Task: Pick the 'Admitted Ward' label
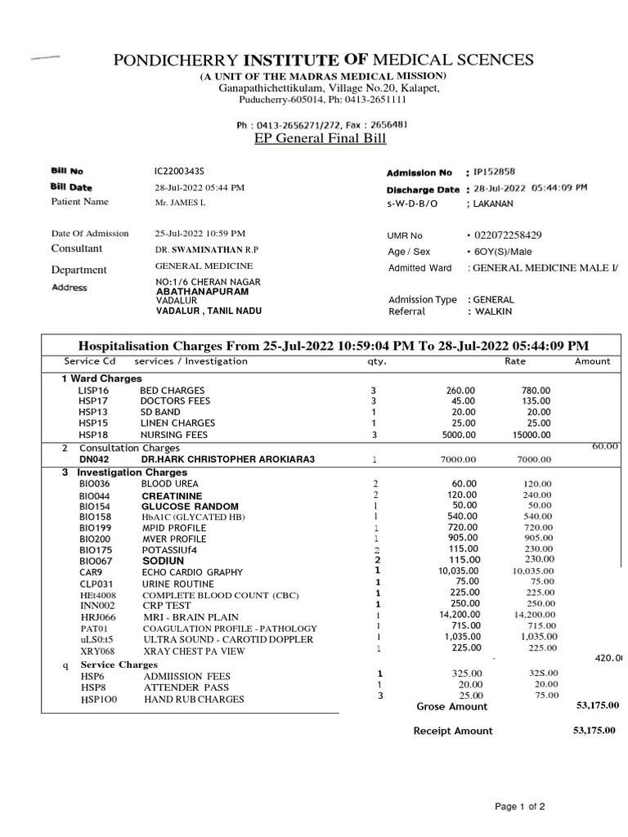coord(419,268)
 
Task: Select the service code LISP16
coord(94,391)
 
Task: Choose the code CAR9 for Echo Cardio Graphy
coord(90,572)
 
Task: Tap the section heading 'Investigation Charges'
coord(113,472)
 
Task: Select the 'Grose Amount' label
coord(451,706)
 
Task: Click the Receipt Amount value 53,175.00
coord(596,730)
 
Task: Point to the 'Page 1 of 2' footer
coord(520,808)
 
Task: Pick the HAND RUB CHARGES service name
coord(193,700)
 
